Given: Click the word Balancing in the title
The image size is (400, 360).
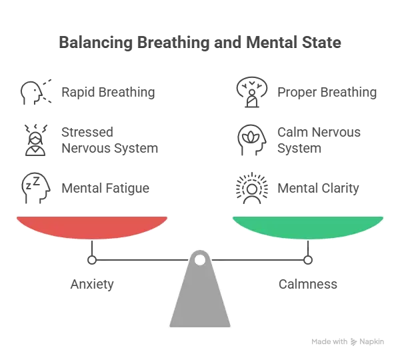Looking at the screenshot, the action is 96,43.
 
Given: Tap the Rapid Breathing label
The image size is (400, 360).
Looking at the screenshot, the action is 108,92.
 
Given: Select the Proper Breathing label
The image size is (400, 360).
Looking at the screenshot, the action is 327,92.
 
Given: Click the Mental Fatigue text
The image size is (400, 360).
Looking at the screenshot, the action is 105,188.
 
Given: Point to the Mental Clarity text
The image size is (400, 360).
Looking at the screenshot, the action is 318,188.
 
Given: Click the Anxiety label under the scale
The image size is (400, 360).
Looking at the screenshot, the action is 92,284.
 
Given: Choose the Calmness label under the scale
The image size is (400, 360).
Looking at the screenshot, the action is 308,284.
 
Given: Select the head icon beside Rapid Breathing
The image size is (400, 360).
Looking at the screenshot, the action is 36,93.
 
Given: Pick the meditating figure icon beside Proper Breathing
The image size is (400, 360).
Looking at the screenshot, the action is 252,92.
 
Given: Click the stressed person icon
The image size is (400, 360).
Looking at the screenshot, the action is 35,140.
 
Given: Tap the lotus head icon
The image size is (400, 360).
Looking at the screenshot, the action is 252,140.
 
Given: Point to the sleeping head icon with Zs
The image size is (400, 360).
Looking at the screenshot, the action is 36,188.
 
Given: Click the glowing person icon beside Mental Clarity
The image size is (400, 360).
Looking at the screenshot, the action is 252,188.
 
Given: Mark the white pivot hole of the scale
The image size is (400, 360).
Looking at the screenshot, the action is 200,260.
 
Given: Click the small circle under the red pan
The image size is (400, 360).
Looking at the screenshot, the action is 92,260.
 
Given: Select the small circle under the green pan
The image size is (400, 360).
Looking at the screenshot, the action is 308,260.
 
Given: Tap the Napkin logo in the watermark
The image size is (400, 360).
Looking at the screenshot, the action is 353,341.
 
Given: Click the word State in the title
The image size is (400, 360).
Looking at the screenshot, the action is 321,43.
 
